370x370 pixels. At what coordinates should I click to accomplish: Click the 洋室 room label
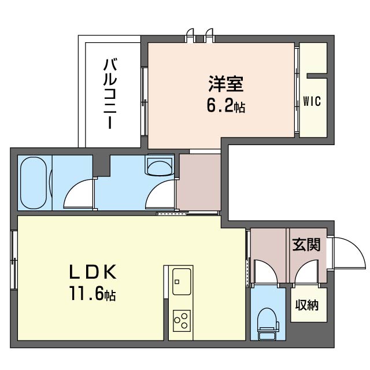point(225,83)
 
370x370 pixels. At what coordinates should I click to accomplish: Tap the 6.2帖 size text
point(226,106)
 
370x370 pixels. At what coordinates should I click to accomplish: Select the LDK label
point(92,272)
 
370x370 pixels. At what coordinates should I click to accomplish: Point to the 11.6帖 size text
point(92,293)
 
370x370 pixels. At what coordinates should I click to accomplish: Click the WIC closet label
point(312,101)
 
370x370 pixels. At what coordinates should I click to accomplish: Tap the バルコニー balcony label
point(110,94)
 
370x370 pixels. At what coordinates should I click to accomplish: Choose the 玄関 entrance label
point(306,245)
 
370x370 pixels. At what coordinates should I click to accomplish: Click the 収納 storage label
point(307,305)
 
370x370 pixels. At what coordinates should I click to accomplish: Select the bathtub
point(34,183)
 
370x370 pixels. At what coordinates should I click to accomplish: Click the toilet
point(268,324)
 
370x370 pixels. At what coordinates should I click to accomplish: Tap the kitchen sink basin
point(182,282)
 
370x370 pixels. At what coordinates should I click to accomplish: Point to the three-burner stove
point(182,321)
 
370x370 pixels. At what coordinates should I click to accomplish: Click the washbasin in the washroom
point(160,165)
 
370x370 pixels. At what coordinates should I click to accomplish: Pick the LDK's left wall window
point(14,260)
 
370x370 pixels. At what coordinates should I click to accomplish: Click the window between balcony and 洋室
point(144,102)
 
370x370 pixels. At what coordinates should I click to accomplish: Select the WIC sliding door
point(297,90)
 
